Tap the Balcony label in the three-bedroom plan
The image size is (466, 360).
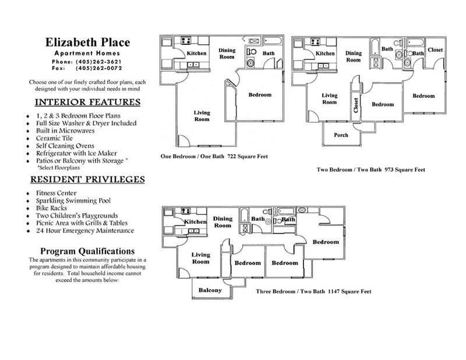click(x=210, y=290)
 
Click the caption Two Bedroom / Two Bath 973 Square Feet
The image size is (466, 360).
click(x=370, y=170)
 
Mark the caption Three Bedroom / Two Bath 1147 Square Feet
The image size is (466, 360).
click(x=313, y=291)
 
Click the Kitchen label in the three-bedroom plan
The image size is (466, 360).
click(x=196, y=223)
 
